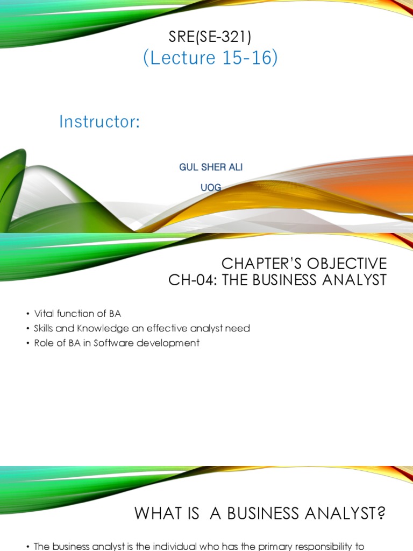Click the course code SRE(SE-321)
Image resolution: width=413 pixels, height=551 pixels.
pyautogui.click(x=210, y=37)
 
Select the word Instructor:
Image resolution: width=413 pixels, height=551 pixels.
pyautogui.click(x=99, y=122)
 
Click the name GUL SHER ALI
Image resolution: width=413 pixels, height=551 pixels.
pyautogui.click(x=211, y=167)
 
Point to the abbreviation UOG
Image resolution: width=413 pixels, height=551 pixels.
pyautogui.click(x=211, y=188)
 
